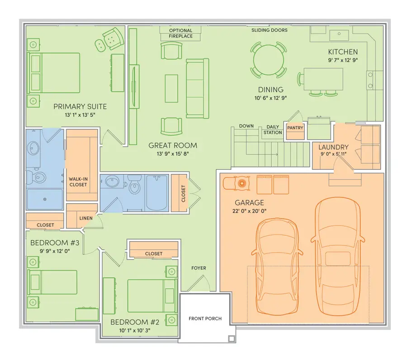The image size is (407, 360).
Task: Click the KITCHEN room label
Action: coord(343,52)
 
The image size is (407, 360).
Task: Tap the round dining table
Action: coord(269,60)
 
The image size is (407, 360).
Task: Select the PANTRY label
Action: coord(295,128)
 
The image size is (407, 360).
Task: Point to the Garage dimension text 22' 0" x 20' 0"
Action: coord(249,211)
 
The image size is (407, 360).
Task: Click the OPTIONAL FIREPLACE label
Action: coord(180,33)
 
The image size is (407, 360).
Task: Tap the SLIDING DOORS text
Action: coord(270,30)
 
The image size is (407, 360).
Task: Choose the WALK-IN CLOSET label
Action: coord(78,182)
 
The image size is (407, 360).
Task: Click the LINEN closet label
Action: coord(86,218)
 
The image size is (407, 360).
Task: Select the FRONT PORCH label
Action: coord(205,318)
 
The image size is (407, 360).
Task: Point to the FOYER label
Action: coord(199,268)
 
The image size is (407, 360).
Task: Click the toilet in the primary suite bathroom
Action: coord(37,177)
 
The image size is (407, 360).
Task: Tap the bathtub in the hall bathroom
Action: coord(157,192)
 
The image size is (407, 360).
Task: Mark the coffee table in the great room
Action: coord(171,89)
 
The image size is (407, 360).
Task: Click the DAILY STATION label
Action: coord(273,130)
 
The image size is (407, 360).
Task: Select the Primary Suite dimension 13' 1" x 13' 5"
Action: coord(80,115)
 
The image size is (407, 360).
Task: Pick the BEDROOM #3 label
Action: coord(55,243)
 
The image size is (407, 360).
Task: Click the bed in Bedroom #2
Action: coord(151,295)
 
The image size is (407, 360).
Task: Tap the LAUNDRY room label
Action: coord(333,147)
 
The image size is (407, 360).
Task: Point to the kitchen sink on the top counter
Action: coord(339,35)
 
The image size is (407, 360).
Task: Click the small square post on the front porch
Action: coord(232,339)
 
